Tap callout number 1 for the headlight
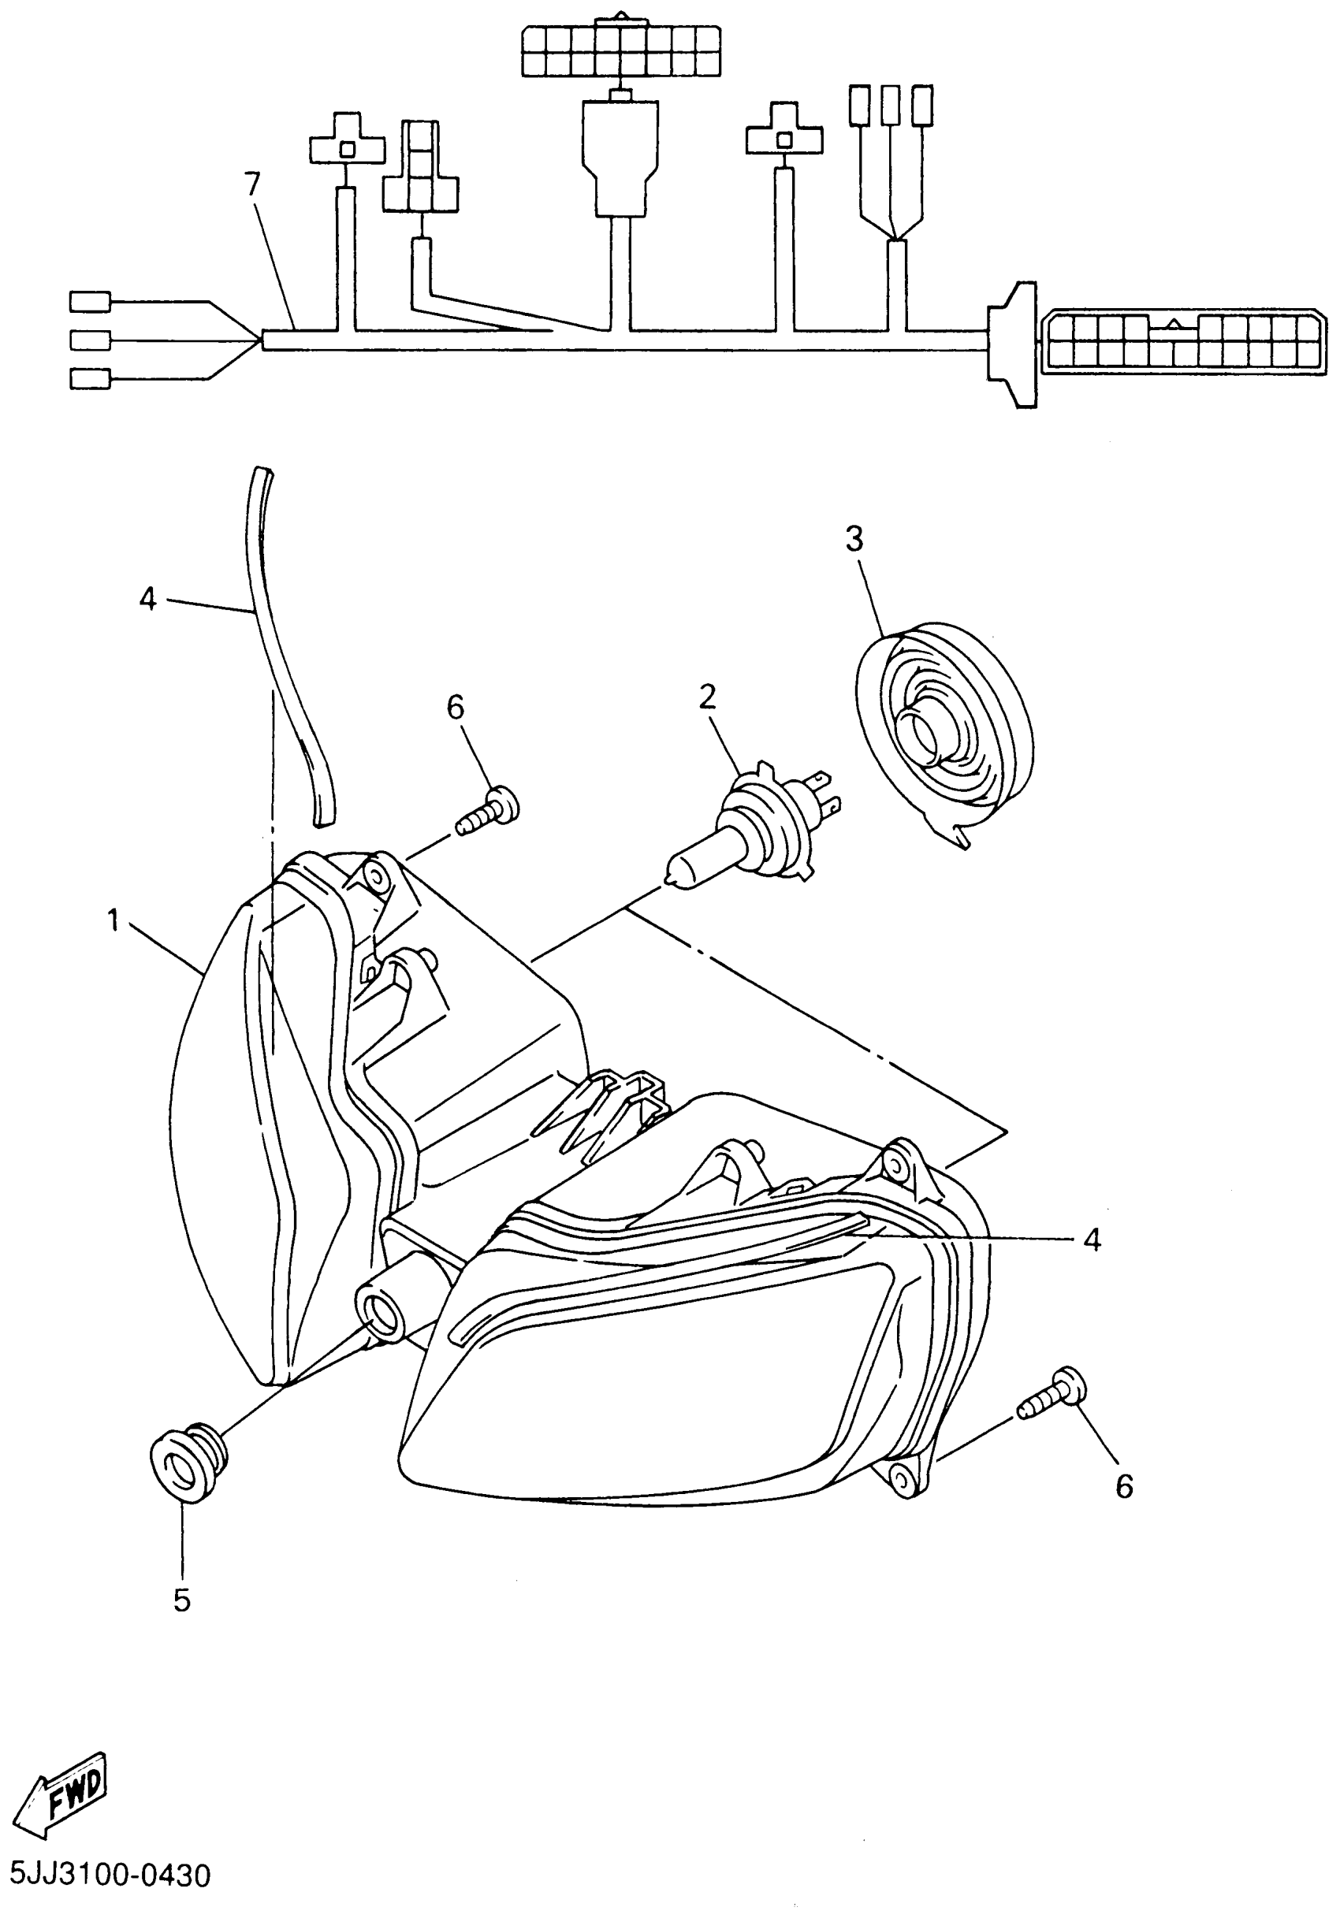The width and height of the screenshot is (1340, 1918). click(114, 921)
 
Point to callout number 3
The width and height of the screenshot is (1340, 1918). click(854, 540)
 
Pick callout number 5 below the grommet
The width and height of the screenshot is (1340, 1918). click(182, 1599)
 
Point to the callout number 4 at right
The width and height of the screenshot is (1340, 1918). click(1092, 1240)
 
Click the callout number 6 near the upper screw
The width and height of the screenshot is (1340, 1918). click(456, 708)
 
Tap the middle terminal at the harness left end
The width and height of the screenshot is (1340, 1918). click(90, 340)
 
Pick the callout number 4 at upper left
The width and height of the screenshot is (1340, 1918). click(148, 598)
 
